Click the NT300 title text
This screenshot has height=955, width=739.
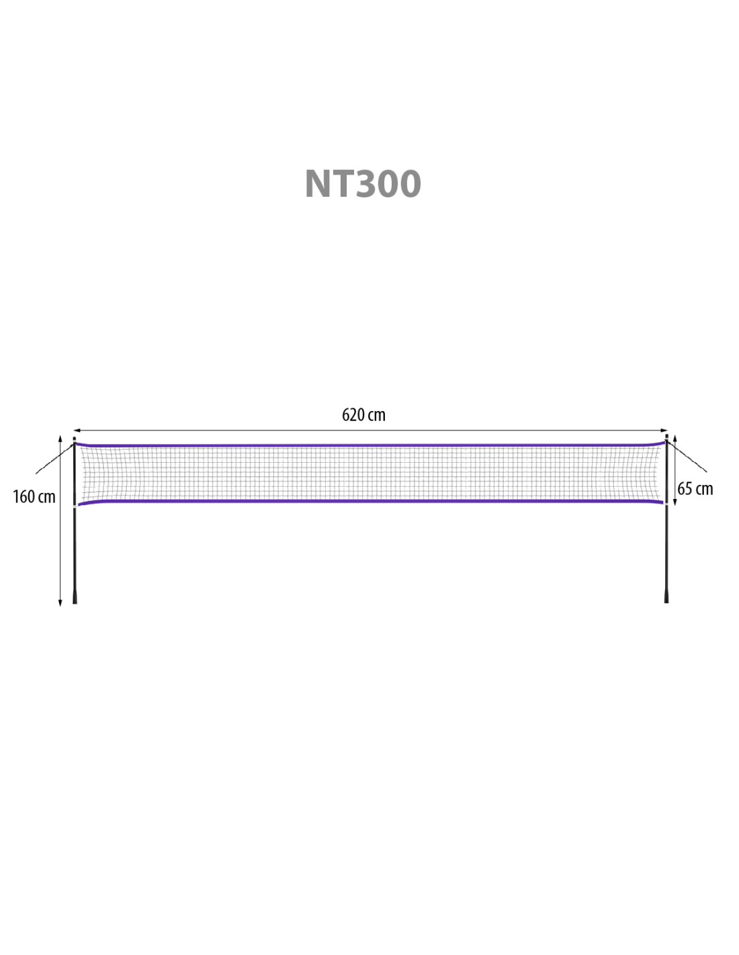click(363, 183)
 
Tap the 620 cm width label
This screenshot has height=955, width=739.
click(363, 415)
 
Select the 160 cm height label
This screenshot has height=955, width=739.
click(34, 496)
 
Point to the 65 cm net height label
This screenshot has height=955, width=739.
click(695, 489)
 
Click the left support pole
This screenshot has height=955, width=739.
click(75, 520)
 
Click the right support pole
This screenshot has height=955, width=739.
click(666, 518)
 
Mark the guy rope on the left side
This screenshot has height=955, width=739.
click(54, 459)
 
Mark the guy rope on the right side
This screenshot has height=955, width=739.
click(687, 457)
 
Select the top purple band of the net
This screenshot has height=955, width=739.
click(370, 445)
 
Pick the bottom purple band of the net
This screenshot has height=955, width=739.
click(370, 501)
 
